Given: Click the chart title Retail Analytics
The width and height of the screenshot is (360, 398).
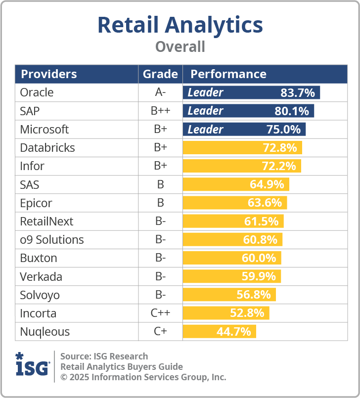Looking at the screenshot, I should click(x=180, y=25).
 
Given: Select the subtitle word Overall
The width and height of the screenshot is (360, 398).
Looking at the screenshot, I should click(x=180, y=47).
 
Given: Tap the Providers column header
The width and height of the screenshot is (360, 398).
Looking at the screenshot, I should click(x=49, y=74).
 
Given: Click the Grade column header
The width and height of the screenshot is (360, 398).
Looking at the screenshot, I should click(x=160, y=74).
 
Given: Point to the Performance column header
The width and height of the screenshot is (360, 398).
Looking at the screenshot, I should click(x=228, y=74).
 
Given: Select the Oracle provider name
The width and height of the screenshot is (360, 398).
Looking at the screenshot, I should click(x=37, y=92).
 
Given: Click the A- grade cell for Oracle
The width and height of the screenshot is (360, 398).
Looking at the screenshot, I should click(x=160, y=92).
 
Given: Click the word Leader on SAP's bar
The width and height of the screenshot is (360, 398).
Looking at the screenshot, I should click(x=205, y=111).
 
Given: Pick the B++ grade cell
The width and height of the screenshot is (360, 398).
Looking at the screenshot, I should click(x=160, y=111).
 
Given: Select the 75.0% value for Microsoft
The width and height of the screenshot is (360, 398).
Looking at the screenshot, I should click(x=284, y=130).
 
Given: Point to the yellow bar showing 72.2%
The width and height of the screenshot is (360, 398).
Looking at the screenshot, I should click(x=242, y=166).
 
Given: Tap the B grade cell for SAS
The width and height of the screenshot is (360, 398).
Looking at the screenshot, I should click(x=160, y=184).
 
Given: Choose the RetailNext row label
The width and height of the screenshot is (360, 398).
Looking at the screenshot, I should click(x=46, y=221).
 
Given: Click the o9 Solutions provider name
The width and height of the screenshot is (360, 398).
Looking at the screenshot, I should click(x=52, y=240).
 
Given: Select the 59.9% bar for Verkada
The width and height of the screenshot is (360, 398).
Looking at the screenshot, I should click(x=232, y=276).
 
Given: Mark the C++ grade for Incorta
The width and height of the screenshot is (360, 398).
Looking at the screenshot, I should click(x=160, y=313).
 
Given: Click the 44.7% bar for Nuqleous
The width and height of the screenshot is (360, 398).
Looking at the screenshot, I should click(x=220, y=331).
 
